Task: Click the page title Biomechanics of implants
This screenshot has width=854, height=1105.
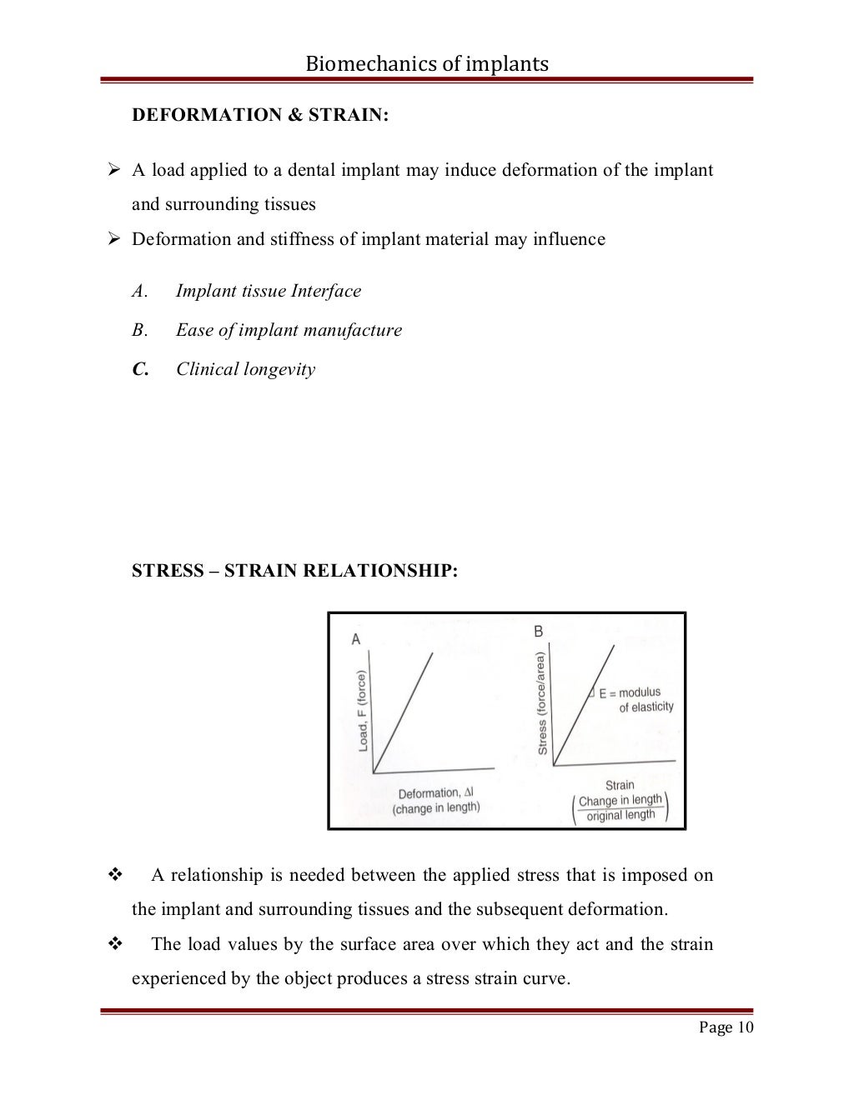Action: pos(426,63)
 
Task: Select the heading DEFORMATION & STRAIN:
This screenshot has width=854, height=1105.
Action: pos(260,115)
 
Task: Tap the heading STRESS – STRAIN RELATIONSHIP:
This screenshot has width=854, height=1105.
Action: pos(295,571)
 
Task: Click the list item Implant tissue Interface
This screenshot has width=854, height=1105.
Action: pos(268,291)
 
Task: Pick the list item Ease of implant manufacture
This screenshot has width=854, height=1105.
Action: pos(289,330)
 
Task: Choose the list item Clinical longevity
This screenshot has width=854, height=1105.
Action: pos(245,369)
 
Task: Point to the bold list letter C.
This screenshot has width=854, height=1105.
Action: pos(139,369)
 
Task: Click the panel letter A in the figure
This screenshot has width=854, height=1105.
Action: pos(356,639)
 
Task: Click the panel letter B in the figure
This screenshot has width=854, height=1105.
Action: pos(538,632)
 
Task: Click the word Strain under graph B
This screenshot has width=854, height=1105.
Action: pos(620,785)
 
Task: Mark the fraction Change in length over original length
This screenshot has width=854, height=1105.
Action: pos(620,808)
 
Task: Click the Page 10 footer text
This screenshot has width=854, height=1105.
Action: pos(726,1027)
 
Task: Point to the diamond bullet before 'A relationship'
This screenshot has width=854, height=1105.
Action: pos(115,875)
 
